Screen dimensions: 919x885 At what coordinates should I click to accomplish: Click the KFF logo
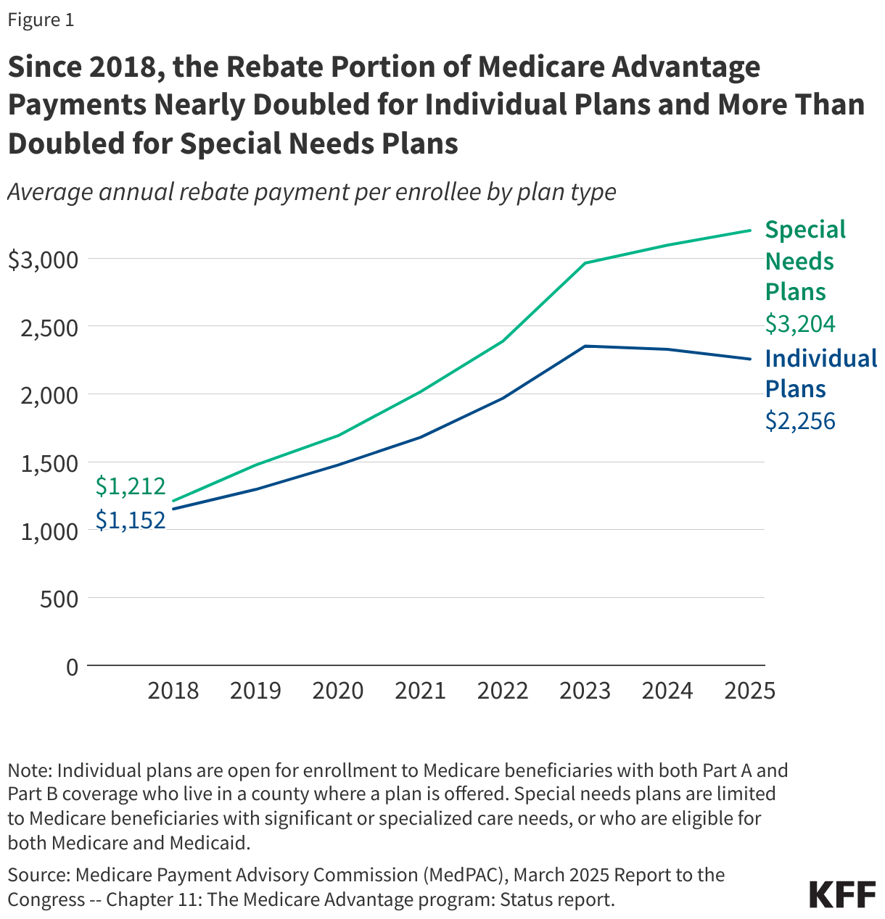tap(842, 895)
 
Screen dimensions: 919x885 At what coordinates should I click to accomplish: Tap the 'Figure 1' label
tap(41, 20)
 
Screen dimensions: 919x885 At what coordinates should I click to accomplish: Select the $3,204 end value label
tap(800, 324)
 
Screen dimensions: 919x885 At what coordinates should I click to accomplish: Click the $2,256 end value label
tap(800, 420)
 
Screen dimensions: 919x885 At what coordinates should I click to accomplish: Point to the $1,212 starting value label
tap(131, 486)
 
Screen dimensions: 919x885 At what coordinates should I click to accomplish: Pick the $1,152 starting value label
tap(131, 520)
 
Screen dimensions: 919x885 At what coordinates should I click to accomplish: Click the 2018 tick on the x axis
tap(173, 691)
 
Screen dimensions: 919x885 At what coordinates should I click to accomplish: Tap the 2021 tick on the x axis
tap(420, 691)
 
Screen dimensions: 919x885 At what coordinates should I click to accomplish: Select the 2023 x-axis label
tap(585, 691)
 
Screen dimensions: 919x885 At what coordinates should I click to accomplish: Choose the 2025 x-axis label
tap(750, 691)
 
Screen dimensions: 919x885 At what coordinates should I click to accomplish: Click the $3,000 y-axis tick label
tap(42, 259)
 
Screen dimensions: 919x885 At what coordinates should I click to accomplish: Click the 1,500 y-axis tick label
tap(49, 464)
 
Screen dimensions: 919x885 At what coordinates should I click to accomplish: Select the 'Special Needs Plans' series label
tap(805, 261)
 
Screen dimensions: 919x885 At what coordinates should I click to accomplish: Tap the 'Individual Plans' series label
tap(820, 374)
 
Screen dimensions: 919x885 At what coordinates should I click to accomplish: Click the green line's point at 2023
tap(585, 263)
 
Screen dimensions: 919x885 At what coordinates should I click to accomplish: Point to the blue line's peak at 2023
tap(585, 346)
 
